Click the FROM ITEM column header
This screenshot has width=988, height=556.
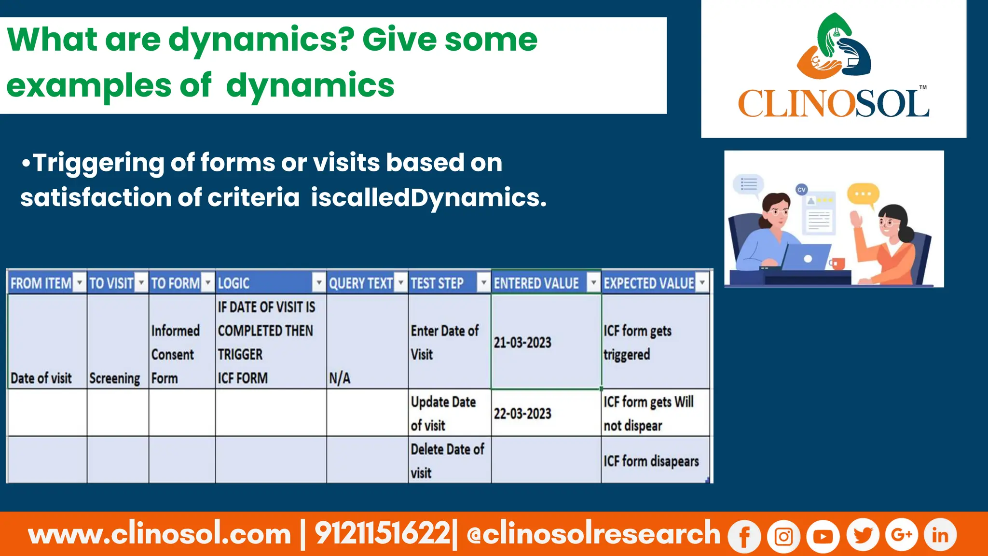click(41, 283)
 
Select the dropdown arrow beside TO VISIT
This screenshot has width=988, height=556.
click(141, 282)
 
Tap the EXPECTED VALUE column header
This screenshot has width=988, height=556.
click(648, 283)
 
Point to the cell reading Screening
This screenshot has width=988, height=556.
click(115, 378)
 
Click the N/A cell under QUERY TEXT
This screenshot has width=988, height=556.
click(340, 378)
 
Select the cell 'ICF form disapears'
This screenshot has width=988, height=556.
click(651, 461)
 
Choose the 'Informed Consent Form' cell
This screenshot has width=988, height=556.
click(176, 354)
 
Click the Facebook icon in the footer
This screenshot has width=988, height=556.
click(744, 536)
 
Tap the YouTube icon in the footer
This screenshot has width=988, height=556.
click(823, 536)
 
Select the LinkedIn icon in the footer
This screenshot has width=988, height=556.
click(940, 535)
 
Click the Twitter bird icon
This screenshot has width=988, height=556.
click(863, 535)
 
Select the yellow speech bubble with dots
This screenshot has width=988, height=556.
click(864, 194)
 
